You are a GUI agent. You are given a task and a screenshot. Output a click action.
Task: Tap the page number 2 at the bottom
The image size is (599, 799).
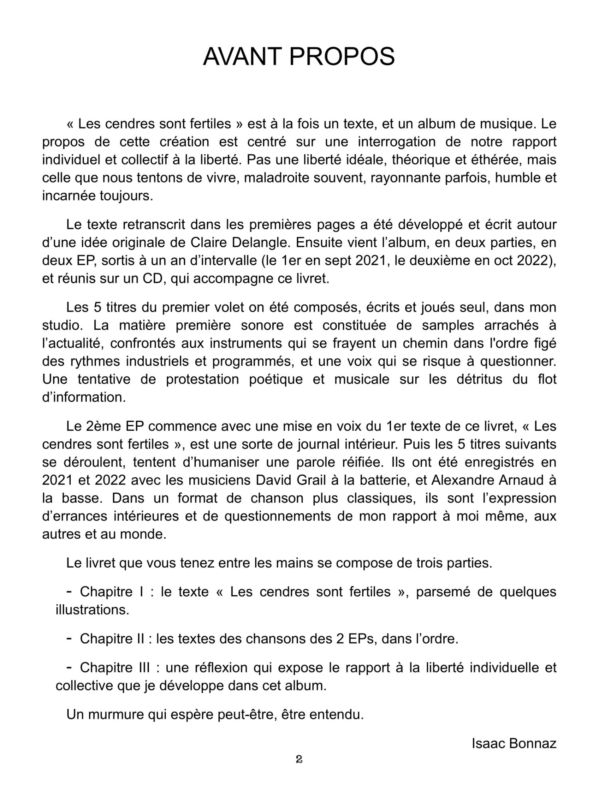pos(299,759)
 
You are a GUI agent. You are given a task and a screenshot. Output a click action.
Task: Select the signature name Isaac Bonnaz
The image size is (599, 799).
pos(514,743)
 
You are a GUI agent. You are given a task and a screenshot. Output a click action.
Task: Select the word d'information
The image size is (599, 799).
pos(84,397)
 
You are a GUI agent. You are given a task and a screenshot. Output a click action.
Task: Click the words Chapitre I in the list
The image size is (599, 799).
pos(112,591)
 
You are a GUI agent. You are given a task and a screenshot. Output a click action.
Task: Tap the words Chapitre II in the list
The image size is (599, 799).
pos(115,638)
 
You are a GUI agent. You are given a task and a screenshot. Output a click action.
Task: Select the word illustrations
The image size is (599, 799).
pos(92,610)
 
